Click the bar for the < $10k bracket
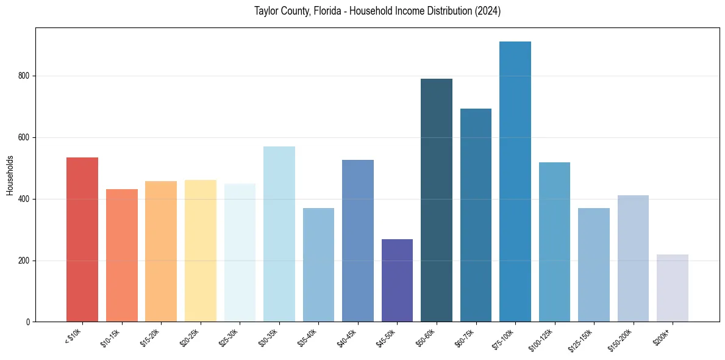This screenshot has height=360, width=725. (x=82, y=239)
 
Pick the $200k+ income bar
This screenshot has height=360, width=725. (x=673, y=288)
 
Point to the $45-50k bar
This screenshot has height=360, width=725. (x=397, y=280)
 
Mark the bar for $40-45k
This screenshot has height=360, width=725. (x=358, y=240)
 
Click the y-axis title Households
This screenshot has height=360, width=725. (x=10, y=175)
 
